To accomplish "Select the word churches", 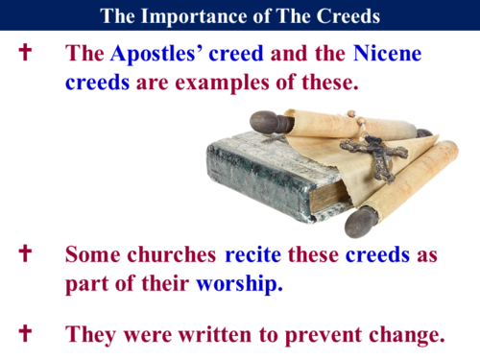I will click(171, 255).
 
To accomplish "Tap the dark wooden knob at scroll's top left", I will click(266, 122).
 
